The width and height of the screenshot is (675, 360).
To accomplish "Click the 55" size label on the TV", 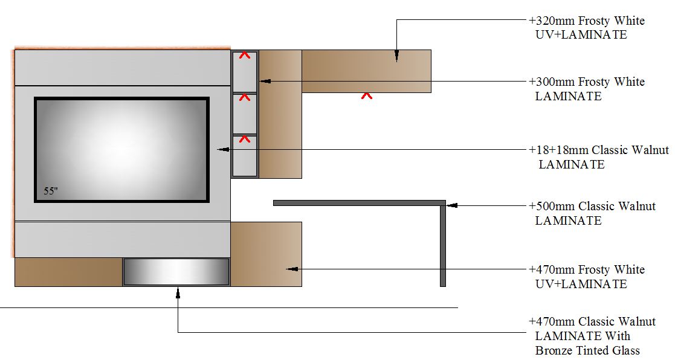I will [x=50, y=191].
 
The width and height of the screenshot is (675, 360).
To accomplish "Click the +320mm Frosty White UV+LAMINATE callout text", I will [x=586, y=28].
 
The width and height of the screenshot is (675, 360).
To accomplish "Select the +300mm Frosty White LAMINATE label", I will [x=586, y=89].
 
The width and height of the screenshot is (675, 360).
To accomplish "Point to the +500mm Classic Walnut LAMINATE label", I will [x=592, y=213].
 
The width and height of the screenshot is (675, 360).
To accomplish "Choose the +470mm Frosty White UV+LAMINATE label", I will [x=586, y=277].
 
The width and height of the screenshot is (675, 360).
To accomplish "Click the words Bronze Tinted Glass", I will [x=587, y=350].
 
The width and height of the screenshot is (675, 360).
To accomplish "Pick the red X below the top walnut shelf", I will [x=366, y=95].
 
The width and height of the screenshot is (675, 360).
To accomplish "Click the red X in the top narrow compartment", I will [x=244, y=55].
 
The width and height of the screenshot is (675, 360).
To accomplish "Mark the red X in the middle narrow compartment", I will [x=244, y=97].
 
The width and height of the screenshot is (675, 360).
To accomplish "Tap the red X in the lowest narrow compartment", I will [x=244, y=139].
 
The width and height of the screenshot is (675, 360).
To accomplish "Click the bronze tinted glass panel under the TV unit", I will [x=176, y=272].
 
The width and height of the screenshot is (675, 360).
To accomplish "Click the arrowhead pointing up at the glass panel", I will [x=178, y=292].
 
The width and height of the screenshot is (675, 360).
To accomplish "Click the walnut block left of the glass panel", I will [x=68, y=272].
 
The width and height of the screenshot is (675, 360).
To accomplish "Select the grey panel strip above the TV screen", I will [x=122, y=68].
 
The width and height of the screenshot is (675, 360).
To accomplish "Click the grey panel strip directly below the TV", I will [x=122, y=239].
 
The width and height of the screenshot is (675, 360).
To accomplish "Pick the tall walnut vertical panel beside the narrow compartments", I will [x=280, y=114].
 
